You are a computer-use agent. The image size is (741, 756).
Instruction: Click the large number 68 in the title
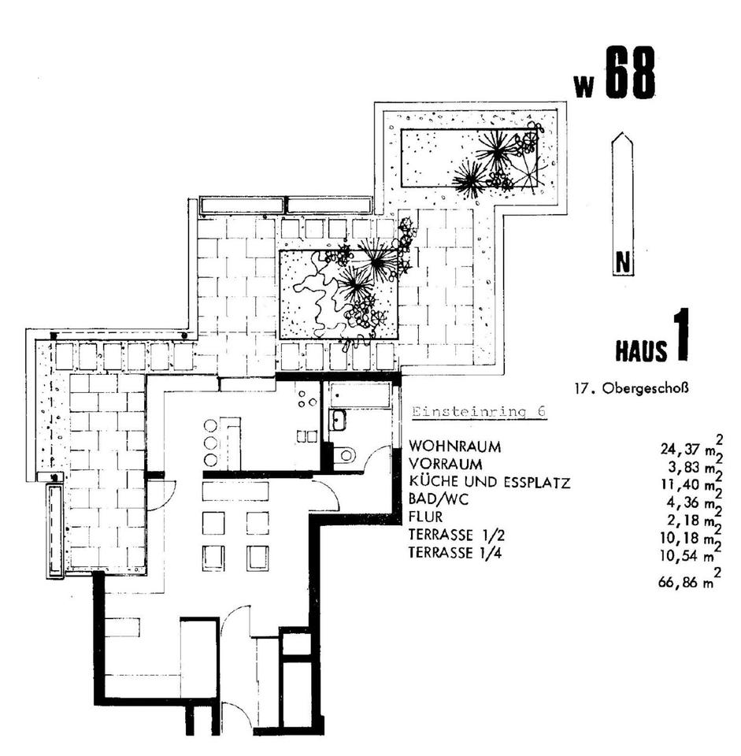630,72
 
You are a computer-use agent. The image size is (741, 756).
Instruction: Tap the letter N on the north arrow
624,263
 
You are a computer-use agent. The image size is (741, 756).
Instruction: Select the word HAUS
642,350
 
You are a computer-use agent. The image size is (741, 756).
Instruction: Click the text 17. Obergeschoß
631,388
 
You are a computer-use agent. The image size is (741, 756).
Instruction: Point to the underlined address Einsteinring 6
479,412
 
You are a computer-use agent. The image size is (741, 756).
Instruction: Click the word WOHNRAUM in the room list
454,447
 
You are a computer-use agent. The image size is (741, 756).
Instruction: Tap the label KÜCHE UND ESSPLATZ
489,482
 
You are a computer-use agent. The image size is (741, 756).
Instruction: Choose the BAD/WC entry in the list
439,499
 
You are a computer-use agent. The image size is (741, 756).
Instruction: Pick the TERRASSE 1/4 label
455,553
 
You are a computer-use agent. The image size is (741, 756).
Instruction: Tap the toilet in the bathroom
344,454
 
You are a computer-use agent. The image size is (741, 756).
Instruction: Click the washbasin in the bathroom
337,419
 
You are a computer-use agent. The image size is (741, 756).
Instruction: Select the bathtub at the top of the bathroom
361,395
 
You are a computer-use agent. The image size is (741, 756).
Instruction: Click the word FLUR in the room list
425,517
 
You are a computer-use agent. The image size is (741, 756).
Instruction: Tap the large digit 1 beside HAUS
680,335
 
